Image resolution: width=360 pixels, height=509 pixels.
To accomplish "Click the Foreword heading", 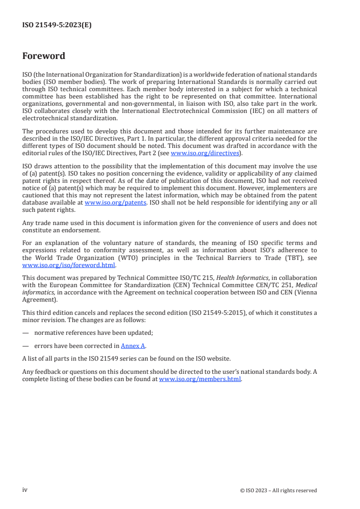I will (44, 56).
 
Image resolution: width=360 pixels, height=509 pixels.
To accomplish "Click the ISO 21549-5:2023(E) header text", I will (57, 25).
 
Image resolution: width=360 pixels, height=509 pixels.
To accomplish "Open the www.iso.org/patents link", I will (115, 203).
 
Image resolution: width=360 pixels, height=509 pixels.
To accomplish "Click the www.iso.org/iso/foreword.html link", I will (69, 265).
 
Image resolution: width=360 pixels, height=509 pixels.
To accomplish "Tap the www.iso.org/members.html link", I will (200, 379).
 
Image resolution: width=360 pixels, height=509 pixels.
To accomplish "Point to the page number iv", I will (25, 490).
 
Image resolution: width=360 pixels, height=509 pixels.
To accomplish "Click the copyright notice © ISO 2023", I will (278, 490).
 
